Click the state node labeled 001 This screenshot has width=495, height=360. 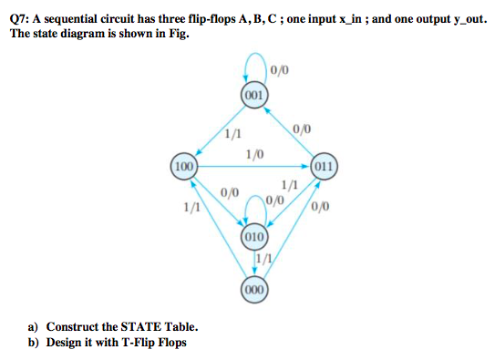(x=254, y=95)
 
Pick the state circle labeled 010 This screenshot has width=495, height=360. (x=254, y=238)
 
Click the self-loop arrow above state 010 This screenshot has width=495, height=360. (x=255, y=208)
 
